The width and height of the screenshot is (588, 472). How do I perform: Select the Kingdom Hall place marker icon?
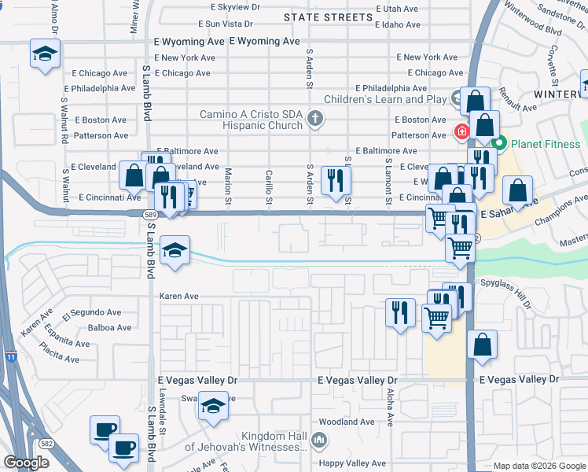pos(319,440)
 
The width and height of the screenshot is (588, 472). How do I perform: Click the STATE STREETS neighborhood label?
pos(328,17)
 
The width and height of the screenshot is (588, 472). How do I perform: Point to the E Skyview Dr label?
pos(230,6)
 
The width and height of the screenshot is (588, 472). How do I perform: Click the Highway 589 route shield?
pos(149,214)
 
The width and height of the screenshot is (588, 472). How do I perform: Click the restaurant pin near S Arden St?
pos(336,180)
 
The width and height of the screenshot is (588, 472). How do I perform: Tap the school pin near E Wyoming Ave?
pos(46,55)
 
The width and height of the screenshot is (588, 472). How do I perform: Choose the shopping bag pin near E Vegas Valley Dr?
pos(482,344)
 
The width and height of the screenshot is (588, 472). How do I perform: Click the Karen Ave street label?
pos(178,297)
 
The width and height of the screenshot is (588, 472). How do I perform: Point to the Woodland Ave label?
pos(340,422)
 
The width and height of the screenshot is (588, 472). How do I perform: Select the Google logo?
pos(26,463)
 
